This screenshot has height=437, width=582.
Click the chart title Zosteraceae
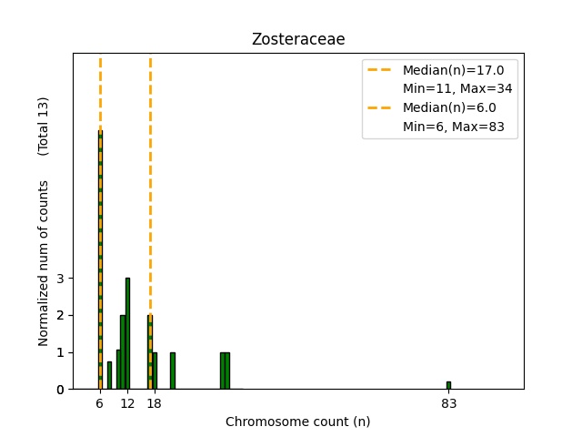(x=297, y=39)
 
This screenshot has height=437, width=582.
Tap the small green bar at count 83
(x=448, y=385)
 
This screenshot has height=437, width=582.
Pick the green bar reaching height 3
(x=127, y=333)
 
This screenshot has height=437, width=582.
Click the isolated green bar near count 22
(x=172, y=371)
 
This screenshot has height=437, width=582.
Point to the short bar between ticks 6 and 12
(x=109, y=375)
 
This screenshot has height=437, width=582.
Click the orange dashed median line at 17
(x=150, y=182)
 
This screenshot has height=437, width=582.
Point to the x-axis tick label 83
(x=448, y=404)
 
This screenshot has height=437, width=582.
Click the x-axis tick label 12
(x=127, y=404)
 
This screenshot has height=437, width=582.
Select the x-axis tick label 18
(x=154, y=404)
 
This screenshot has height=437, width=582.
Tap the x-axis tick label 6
(x=100, y=404)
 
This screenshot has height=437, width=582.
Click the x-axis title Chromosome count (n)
(x=297, y=422)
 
